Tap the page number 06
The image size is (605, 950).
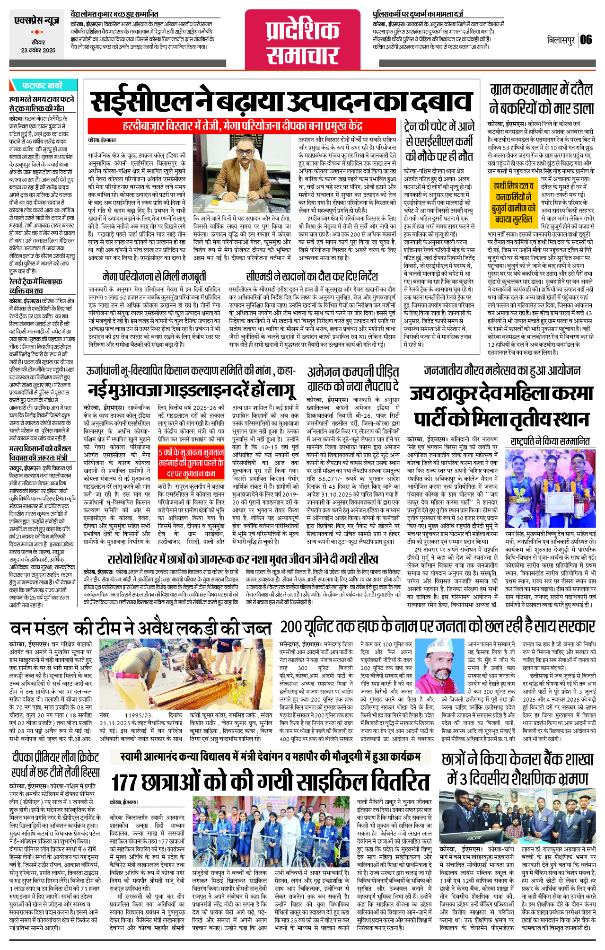[x=586, y=40]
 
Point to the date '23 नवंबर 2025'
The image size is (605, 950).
[x=38, y=50]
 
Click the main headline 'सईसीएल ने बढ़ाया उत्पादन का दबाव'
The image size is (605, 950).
[x=281, y=102]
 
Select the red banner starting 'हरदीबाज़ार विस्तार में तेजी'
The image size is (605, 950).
[x=243, y=126]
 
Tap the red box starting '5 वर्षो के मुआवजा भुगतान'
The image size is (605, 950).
[x=191, y=463]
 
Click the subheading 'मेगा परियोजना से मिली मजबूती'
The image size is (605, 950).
[x=154, y=276]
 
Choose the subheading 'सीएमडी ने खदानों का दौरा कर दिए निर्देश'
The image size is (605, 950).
[x=312, y=276]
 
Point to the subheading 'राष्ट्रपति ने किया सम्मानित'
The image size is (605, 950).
[x=550, y=441]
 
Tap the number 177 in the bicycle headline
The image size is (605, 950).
[x=124, y=782]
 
